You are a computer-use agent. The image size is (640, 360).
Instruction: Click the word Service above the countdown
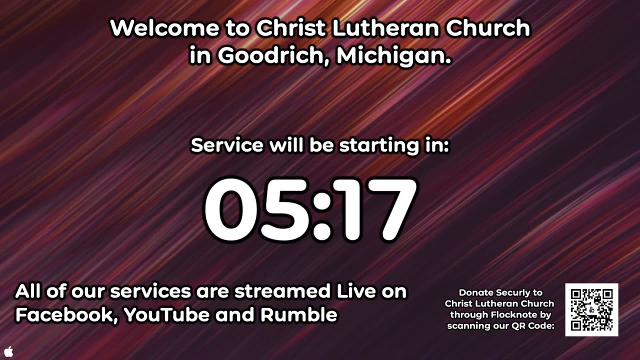(x=227, y=145)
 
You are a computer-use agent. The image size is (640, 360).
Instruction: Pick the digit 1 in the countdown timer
(x=348, y=209)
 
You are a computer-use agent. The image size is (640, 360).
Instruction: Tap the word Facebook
(x=66, y=315)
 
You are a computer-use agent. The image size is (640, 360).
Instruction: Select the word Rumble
(x=299, y=315)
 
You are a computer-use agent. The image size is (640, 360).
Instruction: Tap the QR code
(x=592, y=310)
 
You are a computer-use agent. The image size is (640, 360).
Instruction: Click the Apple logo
(x=8, y=351)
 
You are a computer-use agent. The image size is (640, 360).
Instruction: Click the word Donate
(x=475, y=292)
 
